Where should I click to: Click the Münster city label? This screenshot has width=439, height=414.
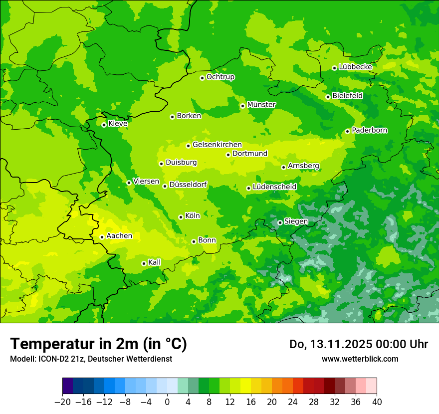pos(261,105)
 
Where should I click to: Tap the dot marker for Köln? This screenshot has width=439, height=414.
pos(181,217)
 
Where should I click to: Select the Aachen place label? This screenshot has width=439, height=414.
pos(119,236)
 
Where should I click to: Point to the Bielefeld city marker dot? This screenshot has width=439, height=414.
pos(328,97)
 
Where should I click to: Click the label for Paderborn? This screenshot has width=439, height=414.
pos(370,130)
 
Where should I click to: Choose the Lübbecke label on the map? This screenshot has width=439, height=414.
pos(355,67)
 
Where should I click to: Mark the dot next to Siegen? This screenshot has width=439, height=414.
pos(280,222)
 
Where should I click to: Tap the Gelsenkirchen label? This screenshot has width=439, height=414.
pos(217,145)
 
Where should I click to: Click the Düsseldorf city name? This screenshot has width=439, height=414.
pos(188,185)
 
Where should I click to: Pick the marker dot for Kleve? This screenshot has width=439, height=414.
pos(104,125)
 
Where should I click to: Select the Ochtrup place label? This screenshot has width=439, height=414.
pos(220,77)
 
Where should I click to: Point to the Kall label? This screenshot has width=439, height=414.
pos(154,262)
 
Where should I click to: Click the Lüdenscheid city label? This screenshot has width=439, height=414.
pos(274,187)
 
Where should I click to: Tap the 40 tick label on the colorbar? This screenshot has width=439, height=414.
pos(377,402)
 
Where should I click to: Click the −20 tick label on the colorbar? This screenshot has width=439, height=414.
pos(62,402)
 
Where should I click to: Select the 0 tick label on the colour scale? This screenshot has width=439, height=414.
pos(167,402)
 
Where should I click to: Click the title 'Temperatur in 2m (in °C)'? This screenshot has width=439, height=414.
pos(98,344)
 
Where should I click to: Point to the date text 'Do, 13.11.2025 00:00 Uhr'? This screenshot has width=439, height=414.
pos(358,344)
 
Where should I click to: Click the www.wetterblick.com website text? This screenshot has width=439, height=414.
pos(360,359)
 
